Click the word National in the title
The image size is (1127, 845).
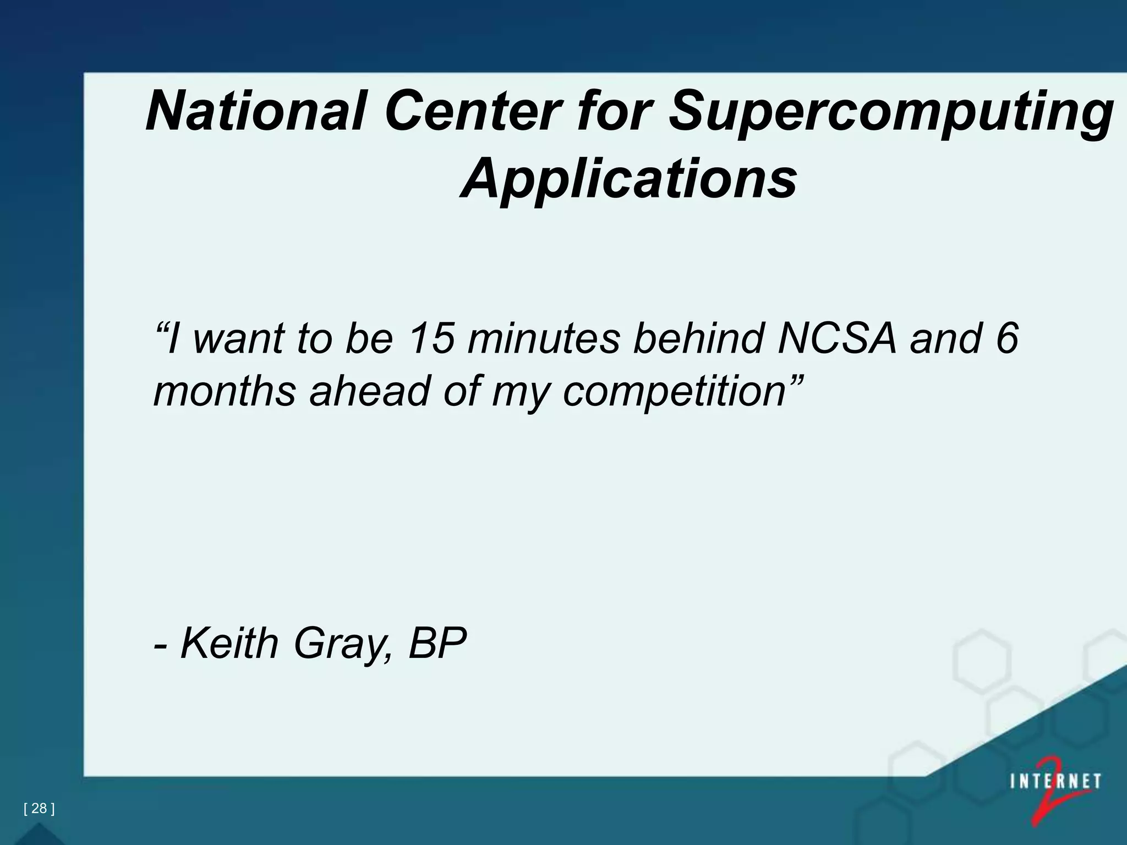point(255,112)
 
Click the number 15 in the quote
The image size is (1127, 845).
point(432,338)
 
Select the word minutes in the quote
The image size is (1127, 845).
point(544,338)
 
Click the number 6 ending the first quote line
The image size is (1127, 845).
point(1006,338)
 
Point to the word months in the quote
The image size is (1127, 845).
point(225,391)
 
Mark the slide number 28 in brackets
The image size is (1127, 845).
point(39,808)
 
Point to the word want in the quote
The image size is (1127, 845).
point(239,339)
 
